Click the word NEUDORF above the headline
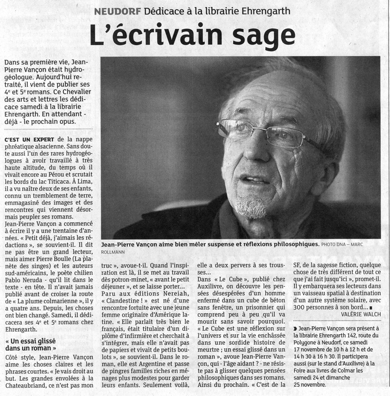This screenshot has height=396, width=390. (117, 10)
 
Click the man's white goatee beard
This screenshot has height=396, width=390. (251, 207)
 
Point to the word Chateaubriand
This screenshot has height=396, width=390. (29, 385)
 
